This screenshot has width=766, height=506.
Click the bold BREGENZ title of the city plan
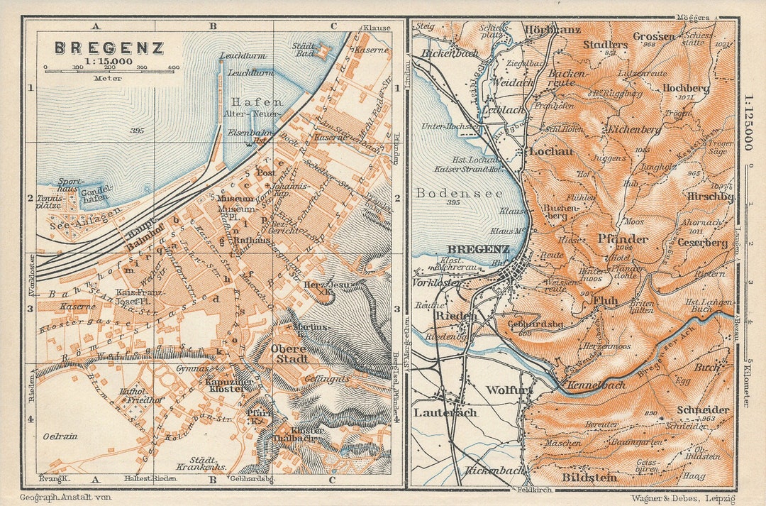[x=109, y=48]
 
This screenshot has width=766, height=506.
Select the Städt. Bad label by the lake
[x=305, y=50]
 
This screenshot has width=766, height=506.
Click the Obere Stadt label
[x=289, y=353]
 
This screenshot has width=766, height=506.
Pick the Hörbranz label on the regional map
[x=553, y=30]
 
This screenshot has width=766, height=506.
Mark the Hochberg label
[x=685, y=88]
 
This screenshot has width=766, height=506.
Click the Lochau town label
[x=551, y=151]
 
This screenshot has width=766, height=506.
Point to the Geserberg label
[x=702, y=243]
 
